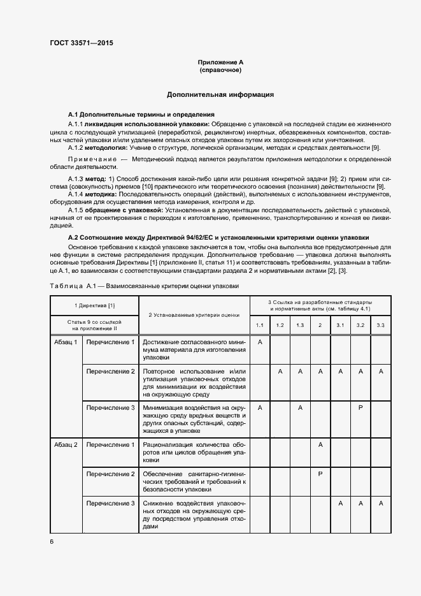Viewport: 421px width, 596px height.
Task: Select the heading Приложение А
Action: pyautogui.click(x=220, y=62)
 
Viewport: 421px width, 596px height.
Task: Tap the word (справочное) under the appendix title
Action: pyautogui.click(x=220, y=70)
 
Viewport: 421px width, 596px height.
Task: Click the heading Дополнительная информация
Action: pyautogui.click(x=220, y=94)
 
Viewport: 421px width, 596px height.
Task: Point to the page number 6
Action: pyautogui.click(x=52, y=541)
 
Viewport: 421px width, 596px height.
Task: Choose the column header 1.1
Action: pyautogui.click(x=260, y=326)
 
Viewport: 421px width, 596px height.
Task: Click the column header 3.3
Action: pyautogui.click(x=381, y=326)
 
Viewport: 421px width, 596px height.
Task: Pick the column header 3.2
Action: pyautogui.click(x=360, y=326)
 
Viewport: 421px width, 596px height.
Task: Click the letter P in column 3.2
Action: pyautogui.click(x=360, y=407)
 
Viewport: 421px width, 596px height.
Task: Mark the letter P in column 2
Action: pyautogui.click(x=320, y=474)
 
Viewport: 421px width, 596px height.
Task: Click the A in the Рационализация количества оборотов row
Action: pyautogui.click(x=320, y=444)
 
